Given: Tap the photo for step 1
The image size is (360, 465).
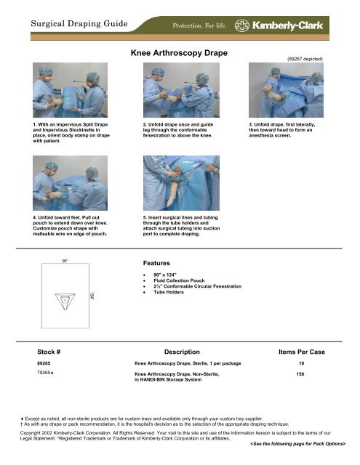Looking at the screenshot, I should click(64, 93).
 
